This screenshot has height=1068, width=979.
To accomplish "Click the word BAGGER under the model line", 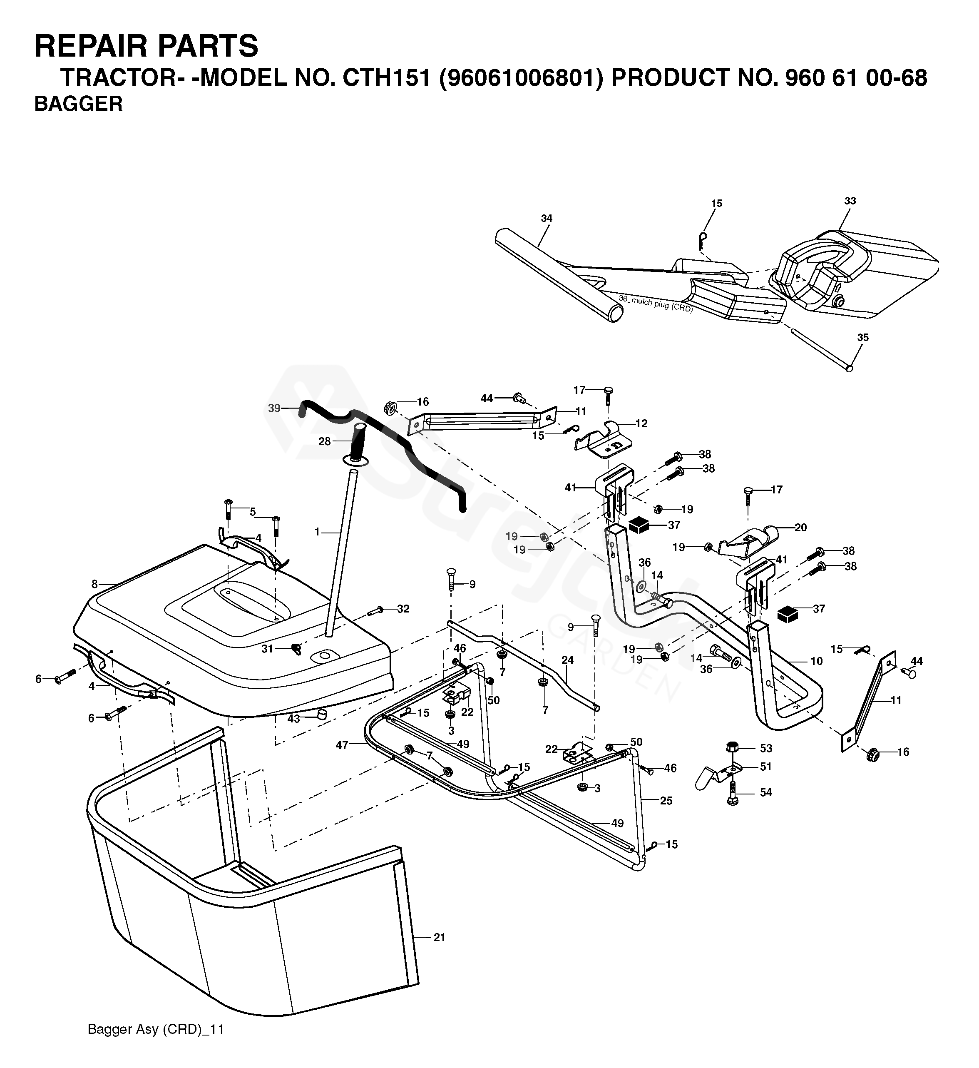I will (78, 104).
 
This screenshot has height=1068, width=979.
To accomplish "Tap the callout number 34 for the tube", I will (547, 218).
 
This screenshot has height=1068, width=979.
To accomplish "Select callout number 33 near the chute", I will (850, 201).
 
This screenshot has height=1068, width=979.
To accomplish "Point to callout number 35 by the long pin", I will (863, 338).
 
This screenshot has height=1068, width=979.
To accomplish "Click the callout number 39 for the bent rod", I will (274, 408).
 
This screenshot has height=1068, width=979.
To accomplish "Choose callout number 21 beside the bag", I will (439, 937).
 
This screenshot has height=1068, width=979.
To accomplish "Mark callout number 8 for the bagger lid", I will (94, 584).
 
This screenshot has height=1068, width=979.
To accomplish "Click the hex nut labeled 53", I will (734, 747).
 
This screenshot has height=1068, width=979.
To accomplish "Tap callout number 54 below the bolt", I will (766, 792).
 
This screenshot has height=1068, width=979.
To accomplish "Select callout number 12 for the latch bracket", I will (641, 423).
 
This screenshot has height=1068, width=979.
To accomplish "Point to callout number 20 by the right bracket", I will (800, 528).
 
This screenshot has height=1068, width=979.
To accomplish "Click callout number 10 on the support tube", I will (816, 661).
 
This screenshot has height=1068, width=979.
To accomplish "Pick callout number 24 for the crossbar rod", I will (567, 660).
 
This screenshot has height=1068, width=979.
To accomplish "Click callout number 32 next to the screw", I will (403, 609).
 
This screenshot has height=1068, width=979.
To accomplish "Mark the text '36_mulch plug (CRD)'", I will (655, 303).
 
